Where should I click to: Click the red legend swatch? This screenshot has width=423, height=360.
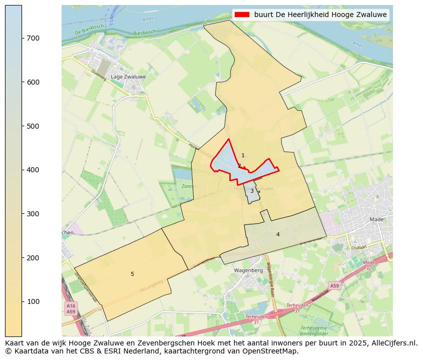tap(242, 15)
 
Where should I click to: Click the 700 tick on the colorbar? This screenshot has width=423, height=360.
tap(22, 38)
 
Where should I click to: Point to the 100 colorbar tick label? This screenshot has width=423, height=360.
tap(33, 301)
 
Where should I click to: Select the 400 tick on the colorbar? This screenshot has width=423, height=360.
tap(22, 170)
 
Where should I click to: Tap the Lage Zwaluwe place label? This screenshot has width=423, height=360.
tap(128, 77)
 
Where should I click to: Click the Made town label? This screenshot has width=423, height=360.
tap(376, 219)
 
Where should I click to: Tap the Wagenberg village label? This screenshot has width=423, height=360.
tap(248, 270)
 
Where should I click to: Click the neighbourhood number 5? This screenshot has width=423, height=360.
tap(132, 274)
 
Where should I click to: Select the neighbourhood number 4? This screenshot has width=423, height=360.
tap(278, 234)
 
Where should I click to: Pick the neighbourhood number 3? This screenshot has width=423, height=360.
tap(252, 191)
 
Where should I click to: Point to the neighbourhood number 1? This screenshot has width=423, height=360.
tap(243, 156)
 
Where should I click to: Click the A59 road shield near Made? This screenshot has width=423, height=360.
tap(334, 285)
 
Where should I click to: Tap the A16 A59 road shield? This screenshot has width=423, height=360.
tap(71, 308)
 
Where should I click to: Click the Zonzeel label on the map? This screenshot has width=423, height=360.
tap(190, 186)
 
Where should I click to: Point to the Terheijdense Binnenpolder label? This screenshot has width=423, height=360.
tap(314, 330)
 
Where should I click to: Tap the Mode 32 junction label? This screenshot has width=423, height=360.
tap(369, 265)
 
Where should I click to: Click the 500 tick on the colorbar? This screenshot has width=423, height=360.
tap(22, 126)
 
